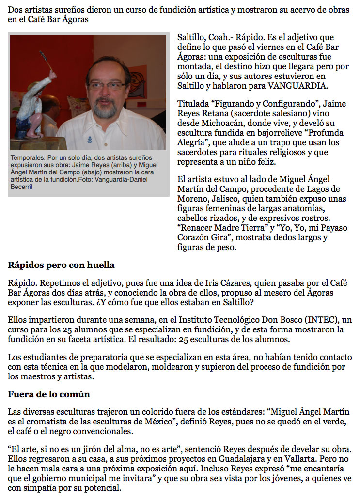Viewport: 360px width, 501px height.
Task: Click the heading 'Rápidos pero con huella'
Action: point(61,265)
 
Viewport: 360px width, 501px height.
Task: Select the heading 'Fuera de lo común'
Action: point(49,394)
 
